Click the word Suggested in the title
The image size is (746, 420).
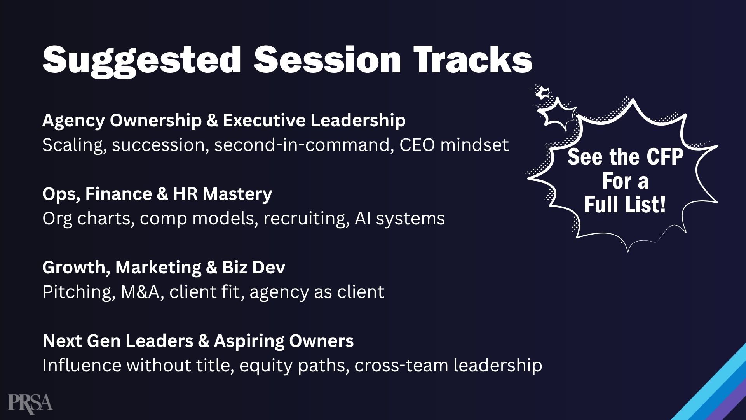[142, 61]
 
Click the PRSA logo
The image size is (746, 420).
[30, 402]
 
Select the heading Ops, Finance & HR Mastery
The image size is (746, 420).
[157, 194]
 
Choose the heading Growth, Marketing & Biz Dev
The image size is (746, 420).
[164, 268]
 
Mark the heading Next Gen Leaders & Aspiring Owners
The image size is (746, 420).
[198, 341]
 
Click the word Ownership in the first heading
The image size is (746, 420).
[156, 121]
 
